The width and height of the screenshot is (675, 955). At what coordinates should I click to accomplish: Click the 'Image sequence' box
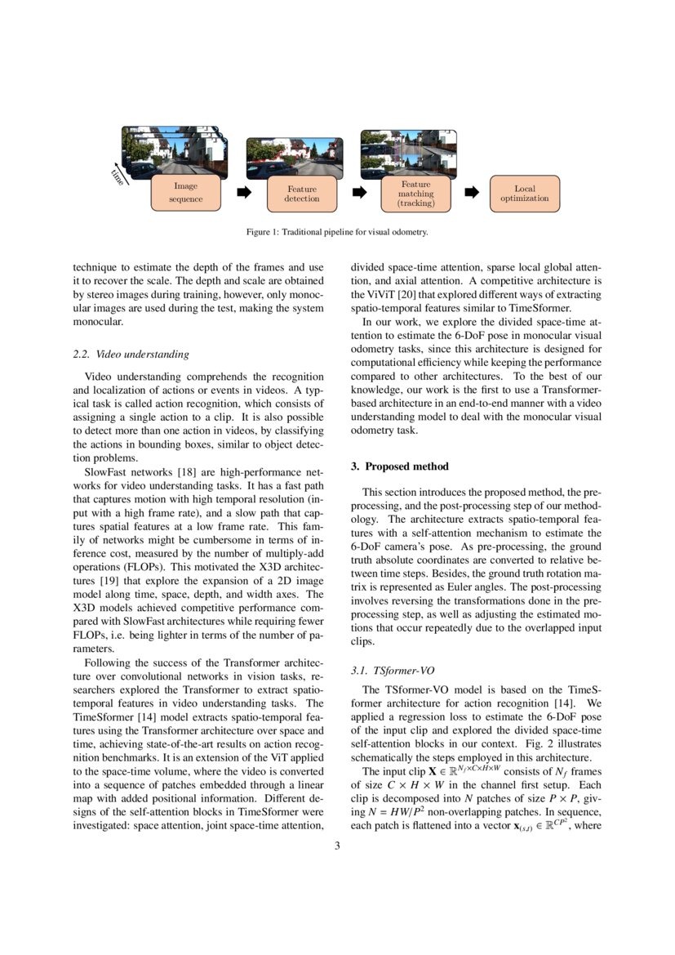tap(185, 193)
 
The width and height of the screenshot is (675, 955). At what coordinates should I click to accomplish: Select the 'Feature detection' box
tap(302, 194)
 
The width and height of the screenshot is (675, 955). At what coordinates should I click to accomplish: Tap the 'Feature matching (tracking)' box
tap(415, 194)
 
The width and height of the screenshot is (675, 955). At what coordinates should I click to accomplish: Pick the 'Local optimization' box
tap(524, 194)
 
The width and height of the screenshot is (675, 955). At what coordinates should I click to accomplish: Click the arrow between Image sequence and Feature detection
tap(243, 193)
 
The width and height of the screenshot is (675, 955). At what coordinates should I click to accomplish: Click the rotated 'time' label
tap(118, 176)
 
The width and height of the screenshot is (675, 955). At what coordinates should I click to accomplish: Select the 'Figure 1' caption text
tap(337, 232)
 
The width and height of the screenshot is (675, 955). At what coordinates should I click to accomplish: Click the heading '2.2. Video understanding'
tap(131, 355)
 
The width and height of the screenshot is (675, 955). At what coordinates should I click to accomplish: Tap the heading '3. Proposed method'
tap(399, 466)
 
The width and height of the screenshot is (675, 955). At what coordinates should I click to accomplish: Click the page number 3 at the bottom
tap(337, 846)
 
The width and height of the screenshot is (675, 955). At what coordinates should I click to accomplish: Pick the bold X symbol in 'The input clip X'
tap(433, 772)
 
